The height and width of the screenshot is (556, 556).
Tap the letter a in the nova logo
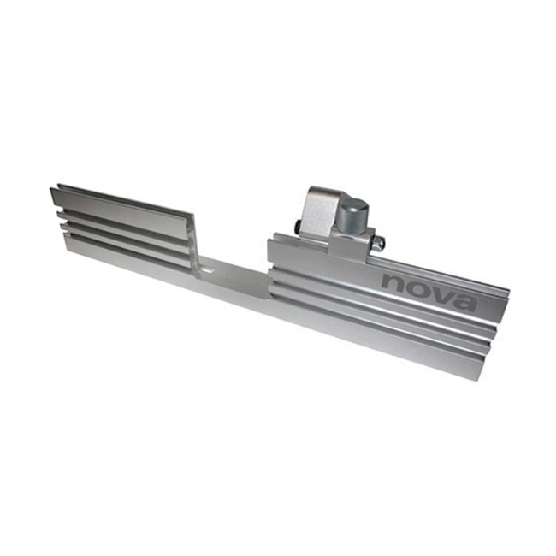tap(464, 302)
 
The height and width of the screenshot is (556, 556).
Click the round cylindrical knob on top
tap(350, 219)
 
